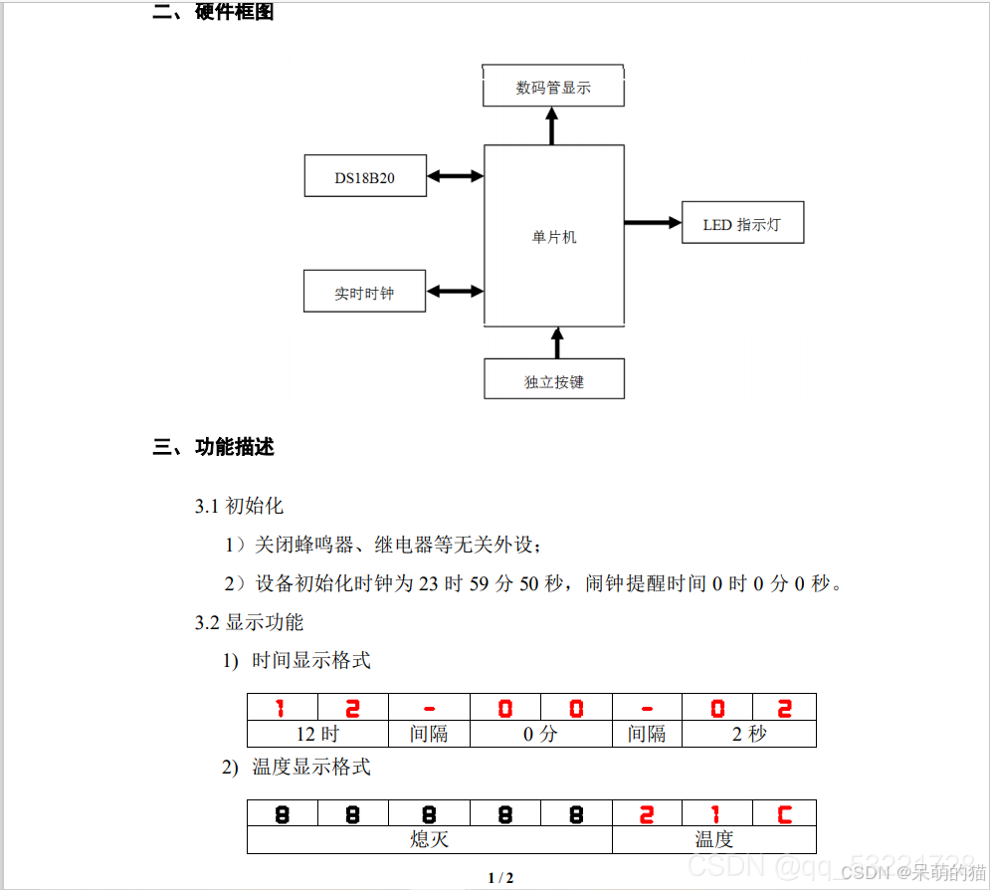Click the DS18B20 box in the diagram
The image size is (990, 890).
[365, 176]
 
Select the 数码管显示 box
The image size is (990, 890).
[553, 88]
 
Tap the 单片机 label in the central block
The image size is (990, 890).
[554, 237]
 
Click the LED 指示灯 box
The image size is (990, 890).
[742, 224]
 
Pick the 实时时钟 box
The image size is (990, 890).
[364, 292]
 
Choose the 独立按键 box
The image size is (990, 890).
[554, 379]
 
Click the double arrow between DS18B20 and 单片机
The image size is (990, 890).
[455, 176]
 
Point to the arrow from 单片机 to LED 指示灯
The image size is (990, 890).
[653, 223]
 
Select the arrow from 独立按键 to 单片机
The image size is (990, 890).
[556, 341]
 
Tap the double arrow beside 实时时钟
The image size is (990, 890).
[455, 292]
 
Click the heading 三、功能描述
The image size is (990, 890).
[213, 447]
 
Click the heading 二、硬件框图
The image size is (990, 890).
[213, 13]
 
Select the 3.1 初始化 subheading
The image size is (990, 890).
[239, 506]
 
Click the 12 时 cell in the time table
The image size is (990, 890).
[317, 734]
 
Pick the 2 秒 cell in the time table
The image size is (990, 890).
[748, 734]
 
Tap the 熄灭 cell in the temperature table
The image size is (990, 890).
[429, 839]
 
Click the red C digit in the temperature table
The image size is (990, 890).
[784, 813]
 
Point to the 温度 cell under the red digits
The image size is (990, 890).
[713, 839]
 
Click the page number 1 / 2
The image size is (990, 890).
[500, 877]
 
